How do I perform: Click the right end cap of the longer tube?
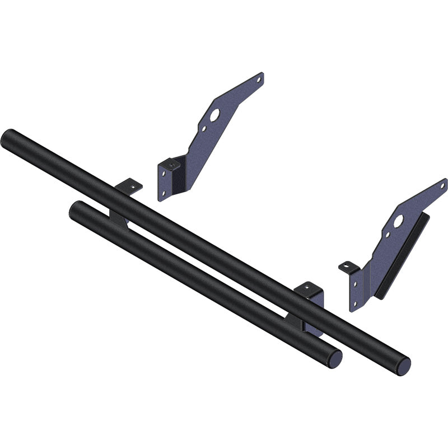tap(402, 366)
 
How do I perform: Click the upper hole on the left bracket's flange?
tap(164, 174)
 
